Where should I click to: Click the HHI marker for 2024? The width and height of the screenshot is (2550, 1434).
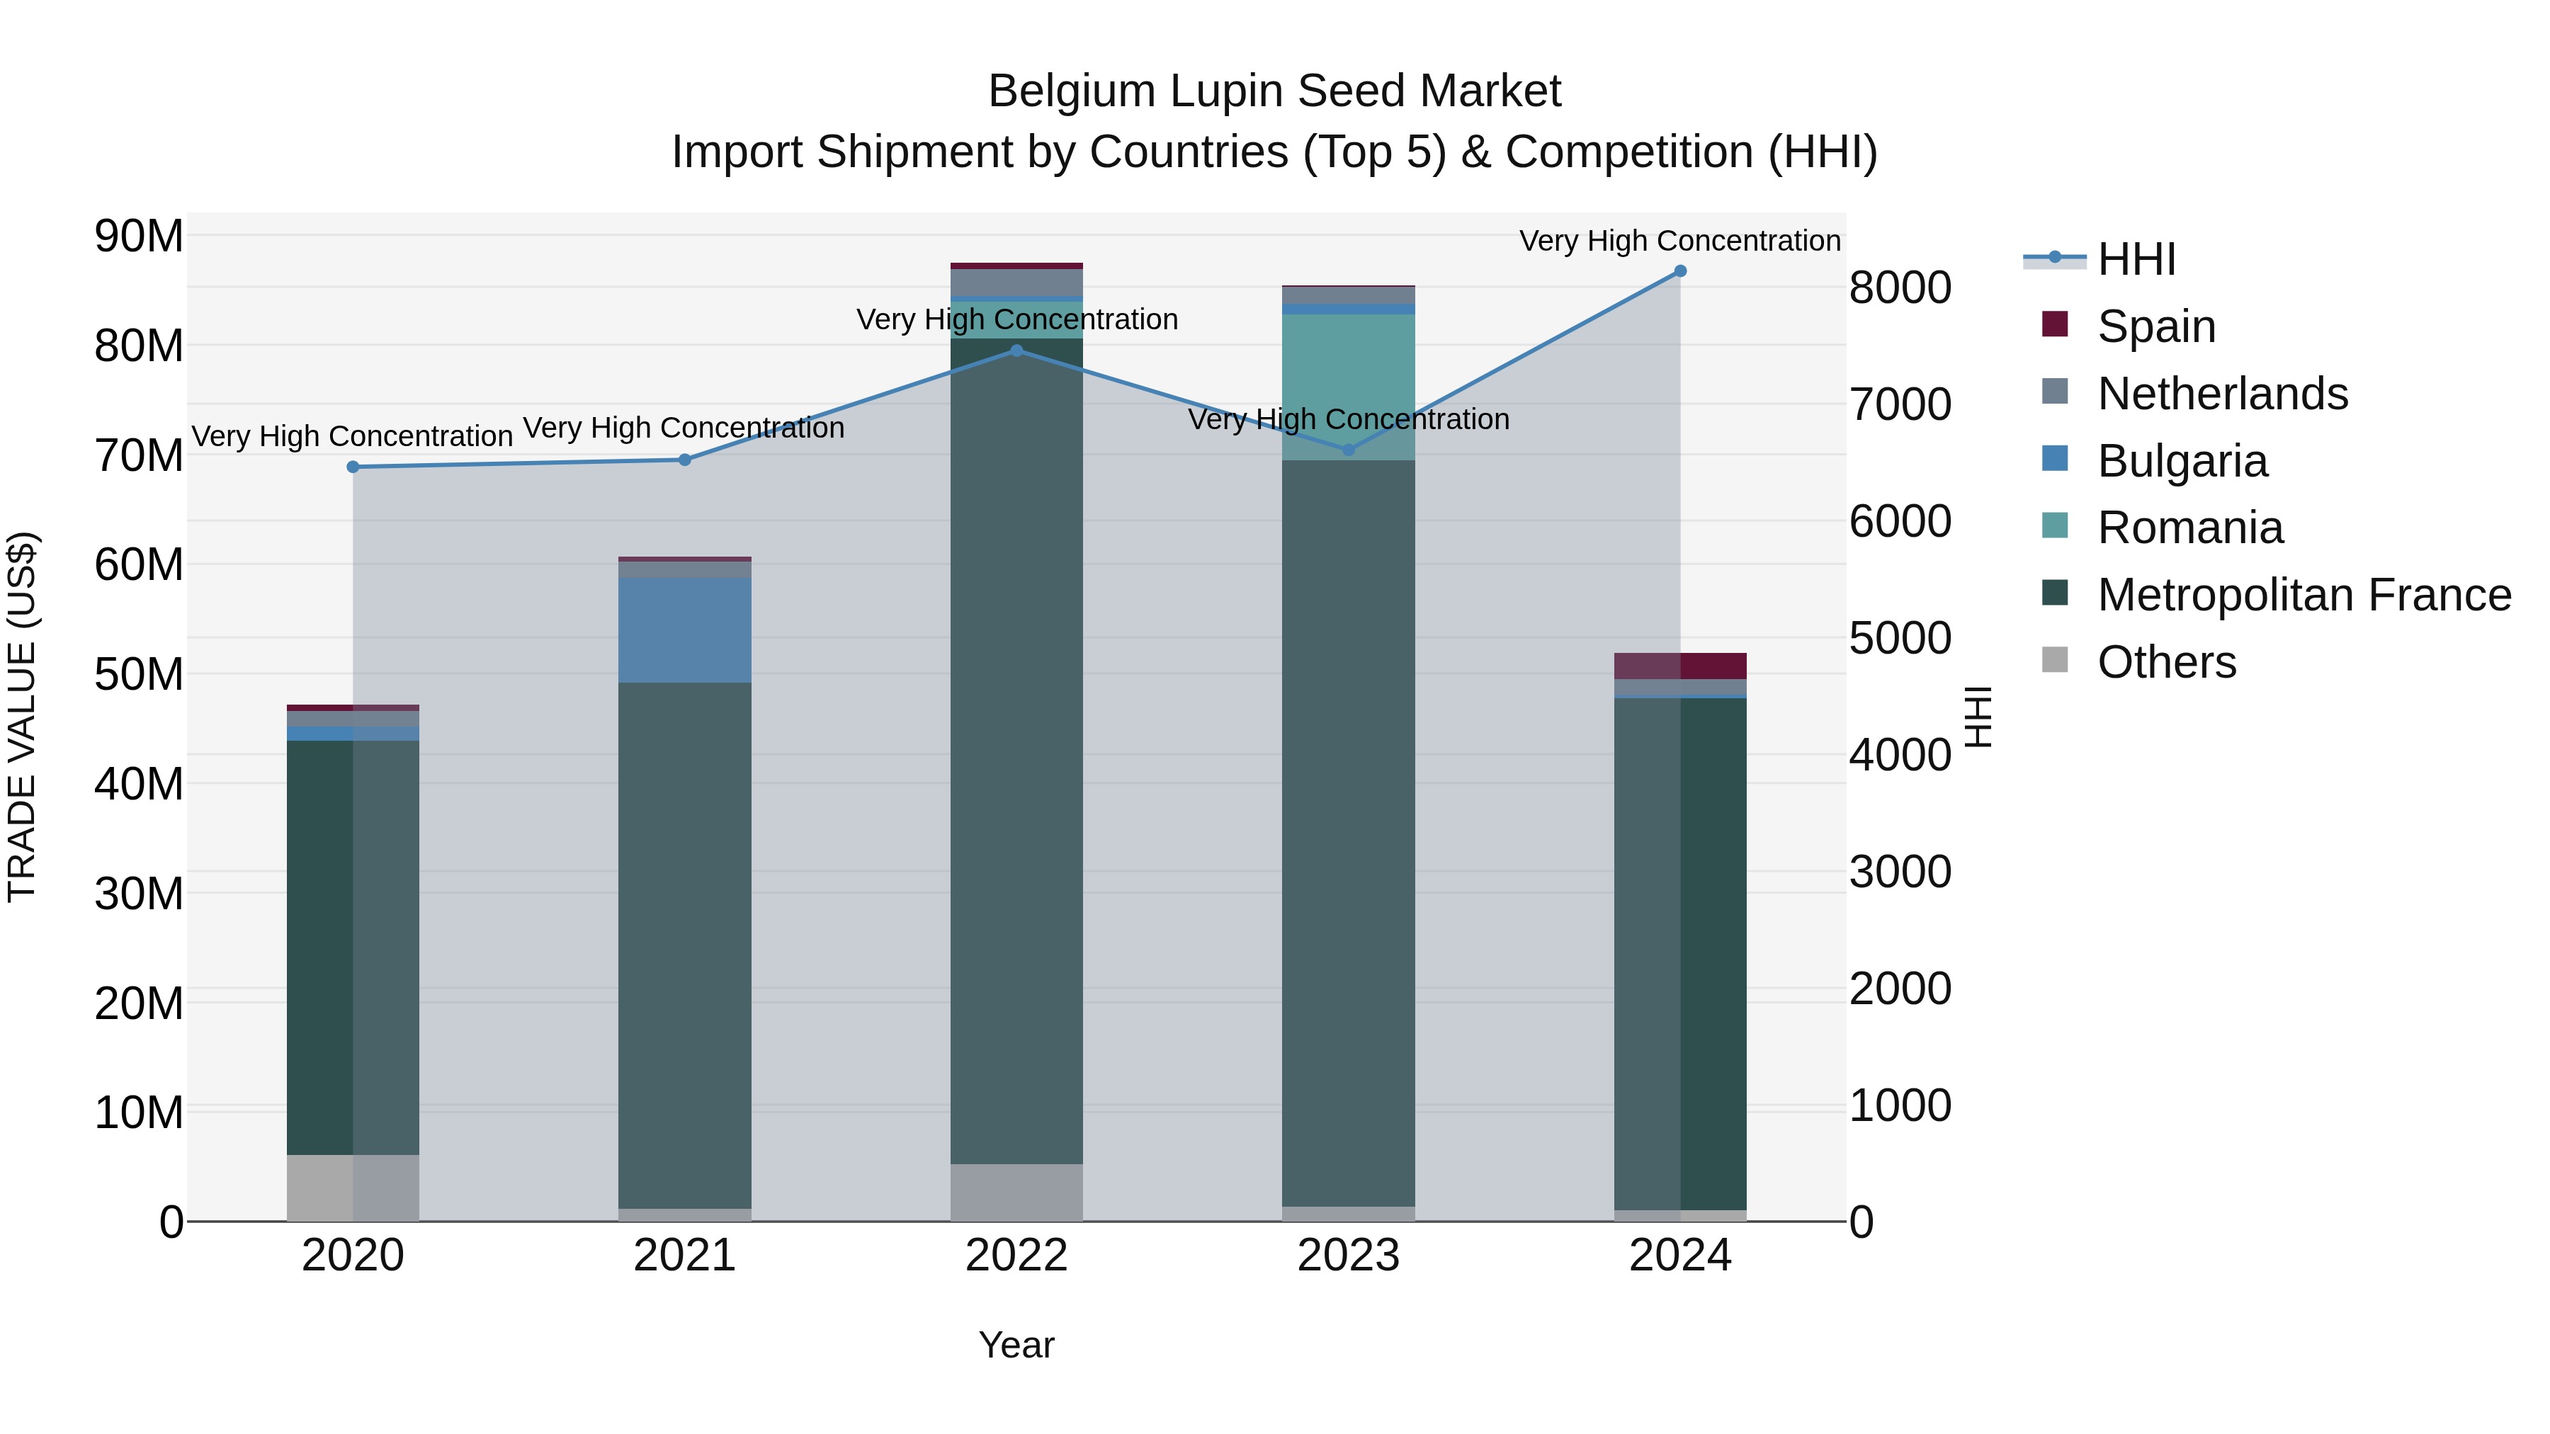(1680, 271)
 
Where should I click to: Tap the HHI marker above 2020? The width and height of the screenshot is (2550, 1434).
(353, 467)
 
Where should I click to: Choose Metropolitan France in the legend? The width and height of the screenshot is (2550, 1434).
(2303, 595)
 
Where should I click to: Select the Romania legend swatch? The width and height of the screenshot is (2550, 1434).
(2055, 526)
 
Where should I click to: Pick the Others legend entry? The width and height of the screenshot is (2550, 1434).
(2166, 662)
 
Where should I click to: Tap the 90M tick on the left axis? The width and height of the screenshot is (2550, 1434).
(139, 237)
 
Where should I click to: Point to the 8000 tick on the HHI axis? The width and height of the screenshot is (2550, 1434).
(1900, 288)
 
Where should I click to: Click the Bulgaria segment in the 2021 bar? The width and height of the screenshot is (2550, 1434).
(684, 630)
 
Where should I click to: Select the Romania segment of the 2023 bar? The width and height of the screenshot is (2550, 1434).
(1348, 387)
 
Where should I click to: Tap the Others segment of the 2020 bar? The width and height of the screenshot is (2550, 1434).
(353, 1188)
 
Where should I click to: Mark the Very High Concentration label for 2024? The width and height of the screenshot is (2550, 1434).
(1680, 241)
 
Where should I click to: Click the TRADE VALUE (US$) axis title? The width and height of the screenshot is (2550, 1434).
(22, 717)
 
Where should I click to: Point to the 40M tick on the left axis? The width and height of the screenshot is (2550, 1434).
(139, 784)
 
